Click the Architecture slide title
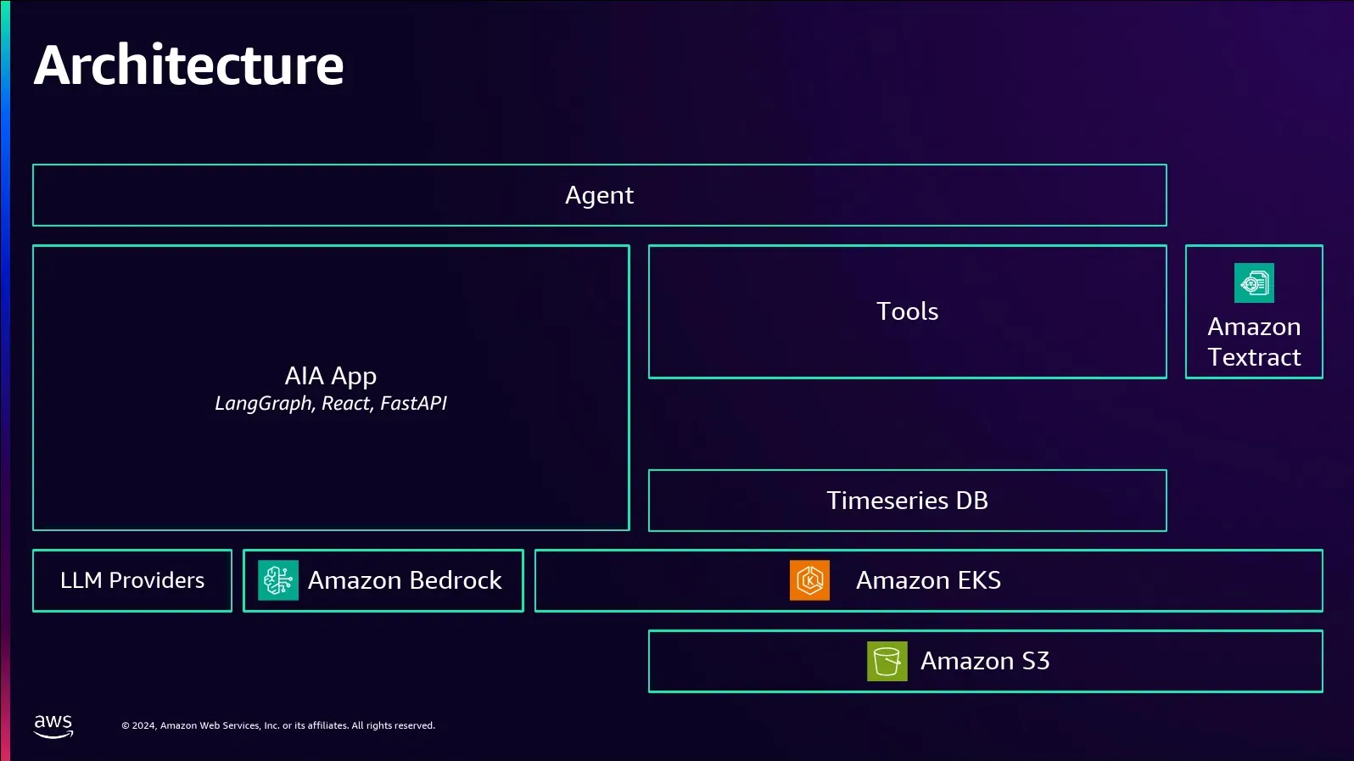pyautogui.click(x=188, y=64)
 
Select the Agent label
pyautogui.click(x=599, y=196)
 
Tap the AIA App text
pyautogui.click(x=331, y=377)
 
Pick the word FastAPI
pyautogui.click(x=413, y=403)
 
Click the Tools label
pyautogui.click(x=907, y=311)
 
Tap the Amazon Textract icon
pyautogui.click(x=1254, y=283)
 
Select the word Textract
pyautogui.click(x=1254, y=357)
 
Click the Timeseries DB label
pyautogui.click(x=907, y=501)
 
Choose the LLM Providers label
pyautogui.click(x=132, y=580)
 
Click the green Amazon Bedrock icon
pyautogui.click(x=278, y=580)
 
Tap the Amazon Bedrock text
pyautogui.click(x=405, y=580)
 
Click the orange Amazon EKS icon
pyautogui.click(x=809, y=580)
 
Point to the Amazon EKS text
pyautogui.click(x=928, y=580)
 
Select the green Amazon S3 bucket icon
pyautogui.click(x=887, y=661)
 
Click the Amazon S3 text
pyautogui.click(x=985, y=661)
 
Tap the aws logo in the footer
pyautogui.click(x=53, y=726)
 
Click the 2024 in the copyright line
pyautogui.click(x=144, y=725)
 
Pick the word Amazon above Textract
pyautogui.click(x=1254, y=327)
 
